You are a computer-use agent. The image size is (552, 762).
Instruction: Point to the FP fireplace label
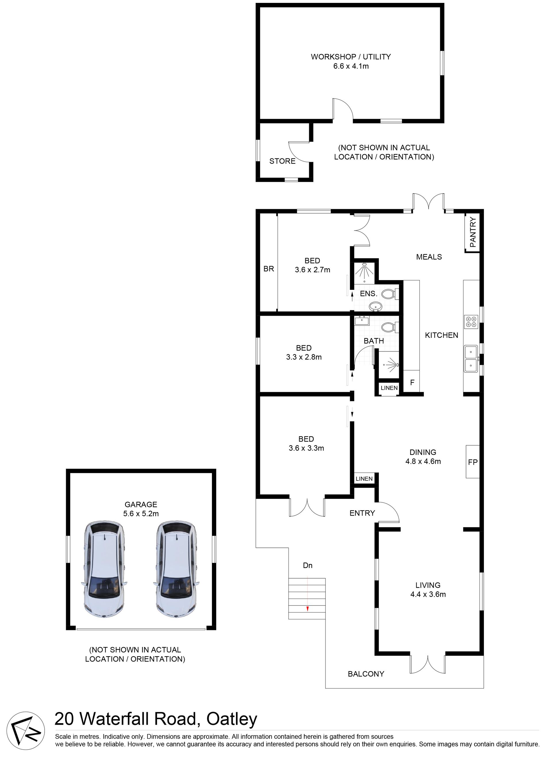pyautogui.click(x=472, y=462)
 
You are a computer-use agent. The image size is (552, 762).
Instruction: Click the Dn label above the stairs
pyautogui.click(x=307, y=565)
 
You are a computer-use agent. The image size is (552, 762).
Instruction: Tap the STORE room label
pyautogui.click(x=282, y=161)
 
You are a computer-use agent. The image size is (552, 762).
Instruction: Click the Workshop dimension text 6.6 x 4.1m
pyautogui.click(x=351, y=66)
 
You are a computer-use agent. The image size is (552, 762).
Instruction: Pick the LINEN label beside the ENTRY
pyautogui.click(x=364, y=478)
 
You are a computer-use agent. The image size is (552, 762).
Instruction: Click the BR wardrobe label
pyautogui.click(x=269, y=269)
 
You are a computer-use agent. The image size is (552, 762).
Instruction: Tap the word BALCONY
pyautogui.click(x=366, y=674)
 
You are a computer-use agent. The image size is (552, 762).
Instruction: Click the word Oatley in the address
pyautogui.click(x=231, y=720)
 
